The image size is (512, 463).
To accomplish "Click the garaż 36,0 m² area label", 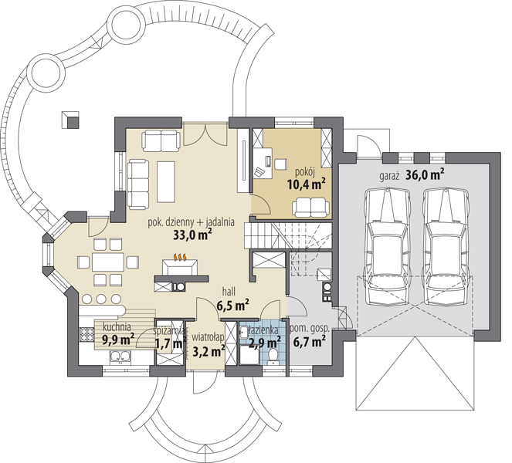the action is pyautogui.click(x=412, y=174).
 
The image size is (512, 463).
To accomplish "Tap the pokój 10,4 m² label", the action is pyautogui.click(x=307, y=179).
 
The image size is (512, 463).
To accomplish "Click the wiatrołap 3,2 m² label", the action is pyautogui.click(x=208, y=344).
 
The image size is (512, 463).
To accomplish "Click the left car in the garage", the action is pyautogui.click(x=387, y=247).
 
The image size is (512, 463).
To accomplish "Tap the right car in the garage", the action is pyautogui.click(x=446, y=247).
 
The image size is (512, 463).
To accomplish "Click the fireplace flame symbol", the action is pyautogui.click(x=180, y=257).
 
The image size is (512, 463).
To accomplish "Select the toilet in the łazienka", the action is pyautogui.click(x=272, y=356).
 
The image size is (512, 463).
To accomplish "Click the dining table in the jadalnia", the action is pyautogui.click(x=108, y=262).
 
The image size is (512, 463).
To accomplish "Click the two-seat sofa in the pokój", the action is pyautogui.click(x=311, y=208).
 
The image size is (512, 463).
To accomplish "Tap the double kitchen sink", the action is pyautogui.click(x=120, y=357).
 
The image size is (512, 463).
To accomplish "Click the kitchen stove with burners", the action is pyautogui.click(x=86, y=334).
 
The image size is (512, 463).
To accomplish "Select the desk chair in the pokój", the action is pyautogui.click(x=280, y=164).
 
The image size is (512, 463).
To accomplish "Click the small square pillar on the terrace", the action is pyautogui.click(x=70, y=120).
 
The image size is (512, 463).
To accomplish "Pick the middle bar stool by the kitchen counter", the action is pyautogui.click(x=102, y=299).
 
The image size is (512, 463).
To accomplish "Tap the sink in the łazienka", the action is pyautogui.click(x=244, y=333).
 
